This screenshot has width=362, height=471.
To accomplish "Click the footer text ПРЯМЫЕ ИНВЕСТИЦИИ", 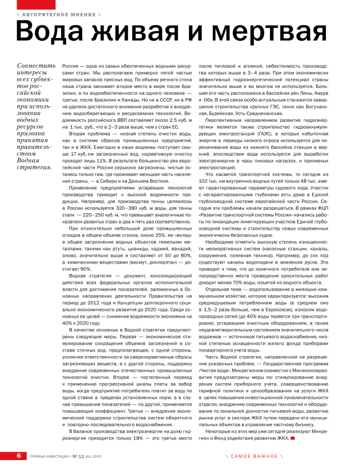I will [x=48, y=456].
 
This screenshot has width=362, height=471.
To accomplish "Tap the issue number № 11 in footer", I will [x=79, y=456].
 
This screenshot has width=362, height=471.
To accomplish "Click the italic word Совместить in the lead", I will [x=35, y=67].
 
